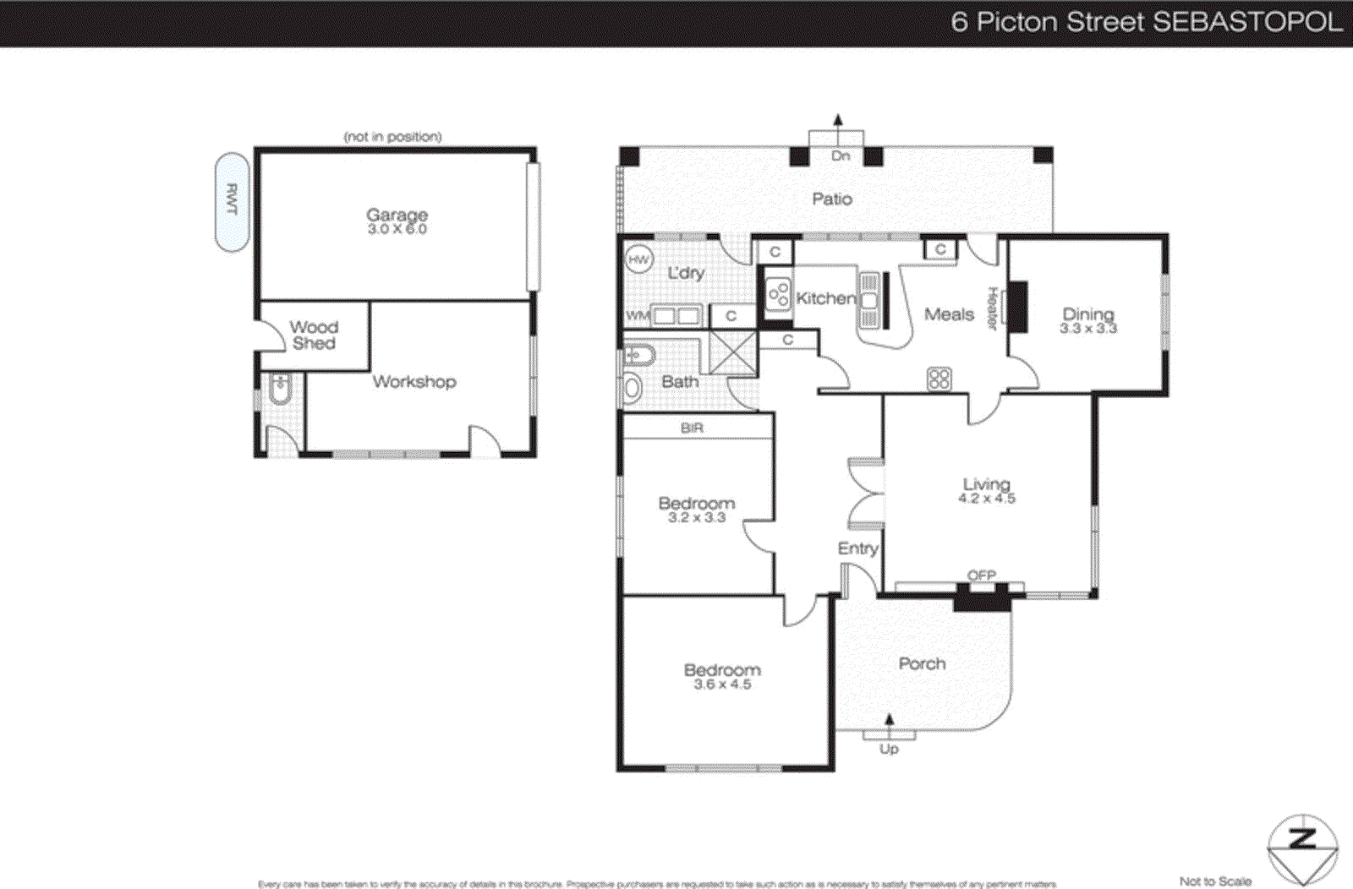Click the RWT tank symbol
(x=232, y=202)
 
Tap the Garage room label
(x=397, y=215)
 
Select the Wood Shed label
(x=314, y=335)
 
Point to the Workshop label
(x=414, y=382)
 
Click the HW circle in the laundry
(x=639, y=259)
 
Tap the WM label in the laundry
(x=637, y=316)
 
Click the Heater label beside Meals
(x=993, y=308)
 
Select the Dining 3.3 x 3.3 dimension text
(x=1088, y=329)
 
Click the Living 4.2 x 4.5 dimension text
(x=987, y=499)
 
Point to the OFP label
(x=982, y=575)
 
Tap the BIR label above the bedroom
(x=692, y=428)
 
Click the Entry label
(x=857, y=548)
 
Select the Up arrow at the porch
(x=889, y=721)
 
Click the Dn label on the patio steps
(x=840, y=155)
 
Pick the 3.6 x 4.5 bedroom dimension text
(x=722, y=684)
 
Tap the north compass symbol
(x=1302, y=848)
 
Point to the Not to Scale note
(x=1215, y=881)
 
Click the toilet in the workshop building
(x=281, y=390)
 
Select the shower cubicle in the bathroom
(x=732, y=353)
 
